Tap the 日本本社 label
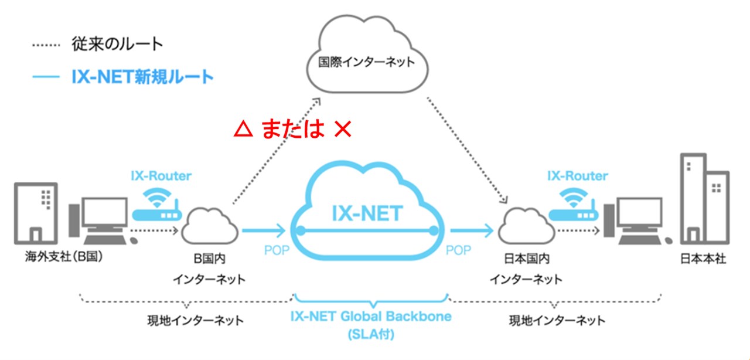[703, 258]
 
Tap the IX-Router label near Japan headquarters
[577, 175]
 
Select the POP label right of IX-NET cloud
[458, 250]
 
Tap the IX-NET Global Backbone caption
[371, 317]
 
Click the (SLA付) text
[371, 336]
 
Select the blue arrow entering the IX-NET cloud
[264, 230]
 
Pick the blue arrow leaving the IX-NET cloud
[472, 230]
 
